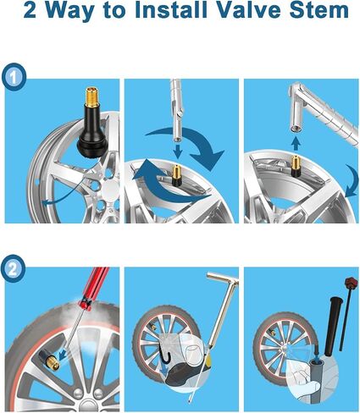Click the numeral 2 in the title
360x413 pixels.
30,11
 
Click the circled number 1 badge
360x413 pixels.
14,77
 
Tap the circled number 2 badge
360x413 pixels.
13,269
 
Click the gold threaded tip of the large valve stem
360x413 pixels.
91,97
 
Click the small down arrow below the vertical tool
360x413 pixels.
177,151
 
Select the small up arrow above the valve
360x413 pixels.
296,143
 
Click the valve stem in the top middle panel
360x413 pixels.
177,175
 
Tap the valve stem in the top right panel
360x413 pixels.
296,166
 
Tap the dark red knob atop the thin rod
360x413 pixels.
350,282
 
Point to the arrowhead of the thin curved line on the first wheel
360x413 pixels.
45,202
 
